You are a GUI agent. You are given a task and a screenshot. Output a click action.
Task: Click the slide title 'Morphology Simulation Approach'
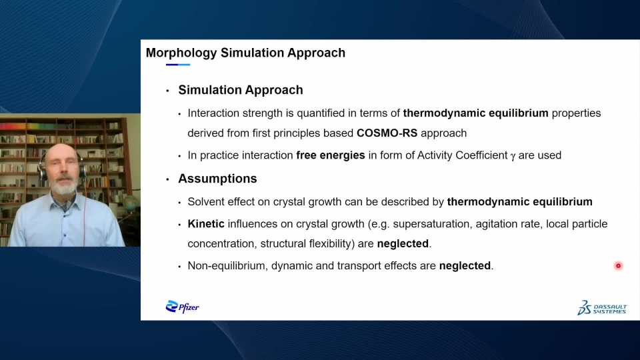[245, 53]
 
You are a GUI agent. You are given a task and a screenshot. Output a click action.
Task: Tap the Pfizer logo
[183, 307]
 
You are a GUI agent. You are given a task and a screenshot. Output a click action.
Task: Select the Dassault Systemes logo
[601, 308]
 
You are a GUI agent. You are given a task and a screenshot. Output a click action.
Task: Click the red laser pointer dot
[618, 266]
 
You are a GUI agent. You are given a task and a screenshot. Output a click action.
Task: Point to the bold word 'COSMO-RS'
[387, 133]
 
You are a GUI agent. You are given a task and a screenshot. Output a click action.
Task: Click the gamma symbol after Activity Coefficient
[513, 156]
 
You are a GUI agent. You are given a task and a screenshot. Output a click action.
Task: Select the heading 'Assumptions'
[217, 179]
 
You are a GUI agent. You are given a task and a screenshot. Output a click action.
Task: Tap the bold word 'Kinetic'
[206, 224]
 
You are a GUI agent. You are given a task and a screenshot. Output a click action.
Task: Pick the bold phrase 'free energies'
[331, 155]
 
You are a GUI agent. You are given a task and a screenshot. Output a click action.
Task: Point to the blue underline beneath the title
[178, 65]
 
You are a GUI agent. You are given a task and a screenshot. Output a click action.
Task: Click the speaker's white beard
[65, 186]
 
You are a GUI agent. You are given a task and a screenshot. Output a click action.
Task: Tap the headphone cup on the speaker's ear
[42, 171]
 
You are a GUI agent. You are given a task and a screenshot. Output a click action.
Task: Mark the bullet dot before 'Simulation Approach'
[167, 91]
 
